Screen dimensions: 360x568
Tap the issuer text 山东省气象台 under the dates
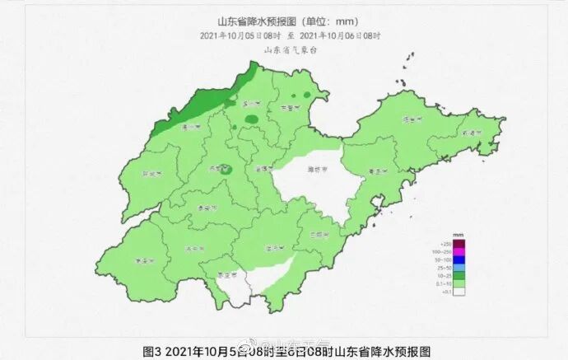click(290, 50)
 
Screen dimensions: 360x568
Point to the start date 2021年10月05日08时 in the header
click(240, 36)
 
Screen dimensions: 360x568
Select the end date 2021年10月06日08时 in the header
click(341, 36)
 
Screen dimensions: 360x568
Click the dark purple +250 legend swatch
click(459, 244)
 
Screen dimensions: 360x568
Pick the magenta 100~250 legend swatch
click(459, 252)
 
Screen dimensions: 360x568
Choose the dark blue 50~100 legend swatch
click(459, 260)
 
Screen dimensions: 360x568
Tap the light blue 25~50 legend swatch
click(459, 269)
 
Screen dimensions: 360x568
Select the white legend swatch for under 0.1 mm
click(459, 292)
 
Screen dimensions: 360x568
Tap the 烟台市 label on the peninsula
click(407, 120)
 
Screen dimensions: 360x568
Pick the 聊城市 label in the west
click(151, 175)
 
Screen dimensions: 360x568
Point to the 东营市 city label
click(289, 108)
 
